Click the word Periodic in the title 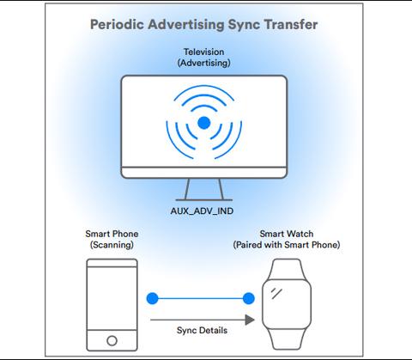point(117,24)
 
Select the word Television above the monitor point(203,52)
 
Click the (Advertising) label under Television point(203,63)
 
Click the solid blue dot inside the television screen point(204,123)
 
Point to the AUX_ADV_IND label point(202,211)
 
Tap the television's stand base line point(204,200)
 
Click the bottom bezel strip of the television point(204,173)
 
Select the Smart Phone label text point(112,234)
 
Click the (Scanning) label point(112,245)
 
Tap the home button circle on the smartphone point(112,340)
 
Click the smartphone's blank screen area point(112,298)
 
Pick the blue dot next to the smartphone point(153,298)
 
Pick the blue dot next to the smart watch point(249,298)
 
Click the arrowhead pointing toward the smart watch point(250,320)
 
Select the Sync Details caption point(202,330)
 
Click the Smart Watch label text point(287,234)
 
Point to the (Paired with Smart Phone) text point(287,245)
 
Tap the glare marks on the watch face point(276,293)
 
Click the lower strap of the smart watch point(287,340)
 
